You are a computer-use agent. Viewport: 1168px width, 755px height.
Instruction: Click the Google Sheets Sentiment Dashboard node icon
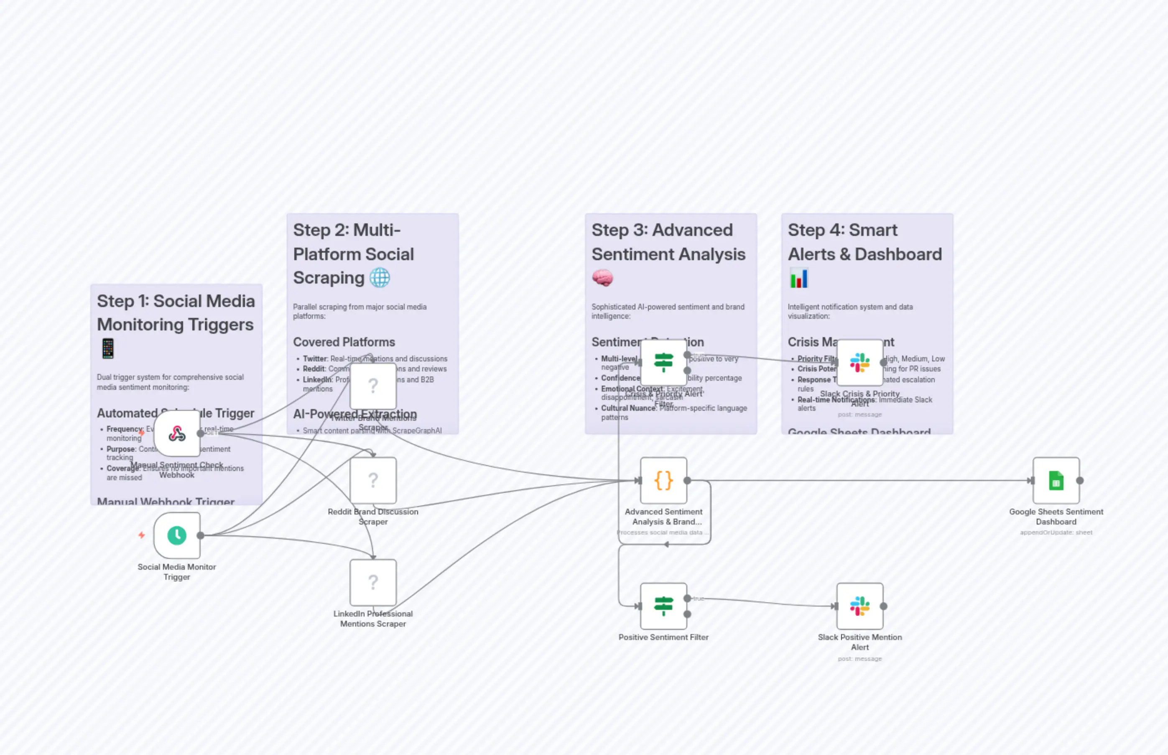(x=1056, y=481)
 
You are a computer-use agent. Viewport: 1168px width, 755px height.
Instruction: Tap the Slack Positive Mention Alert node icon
(x=859, y=606)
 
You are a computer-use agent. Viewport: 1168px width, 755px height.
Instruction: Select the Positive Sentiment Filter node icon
(x=663, y=606)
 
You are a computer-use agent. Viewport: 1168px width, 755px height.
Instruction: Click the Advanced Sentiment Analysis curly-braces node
(x=663, y=481)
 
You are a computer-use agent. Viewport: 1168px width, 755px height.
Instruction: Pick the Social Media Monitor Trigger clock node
(x=176, y=535)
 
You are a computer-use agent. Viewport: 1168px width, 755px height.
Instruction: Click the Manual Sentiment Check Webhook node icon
(x=176, y=433)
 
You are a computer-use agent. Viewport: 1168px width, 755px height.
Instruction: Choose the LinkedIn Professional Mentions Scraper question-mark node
(x=373, y=582)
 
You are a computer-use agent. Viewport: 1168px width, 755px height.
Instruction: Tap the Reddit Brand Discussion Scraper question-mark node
(x=373, y=481)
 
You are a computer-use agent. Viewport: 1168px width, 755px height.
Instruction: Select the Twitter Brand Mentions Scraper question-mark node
(x=373, y=386)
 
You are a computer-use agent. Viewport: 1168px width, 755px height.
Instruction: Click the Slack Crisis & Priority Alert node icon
(x=859, y=363)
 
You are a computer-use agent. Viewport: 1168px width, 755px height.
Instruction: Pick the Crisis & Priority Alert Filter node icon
(x=663, y=363)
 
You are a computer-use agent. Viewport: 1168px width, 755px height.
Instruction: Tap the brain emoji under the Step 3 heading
(x=602, y=278)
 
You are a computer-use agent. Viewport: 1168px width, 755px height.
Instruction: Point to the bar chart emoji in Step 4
(x=798, y=278)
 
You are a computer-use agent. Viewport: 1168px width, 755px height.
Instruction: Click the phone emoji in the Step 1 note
(x=108, y=348)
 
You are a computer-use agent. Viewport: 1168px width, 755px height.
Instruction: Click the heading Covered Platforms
(x=344, y=342)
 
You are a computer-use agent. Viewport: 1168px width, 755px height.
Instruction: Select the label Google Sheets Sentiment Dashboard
(x=1056, y=517)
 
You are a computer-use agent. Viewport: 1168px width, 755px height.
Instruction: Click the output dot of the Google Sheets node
(x=1079, y=481)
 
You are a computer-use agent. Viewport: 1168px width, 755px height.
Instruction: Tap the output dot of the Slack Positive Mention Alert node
(x=883, y=606)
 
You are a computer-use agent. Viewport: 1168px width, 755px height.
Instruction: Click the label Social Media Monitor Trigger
(x=176, y=572)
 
